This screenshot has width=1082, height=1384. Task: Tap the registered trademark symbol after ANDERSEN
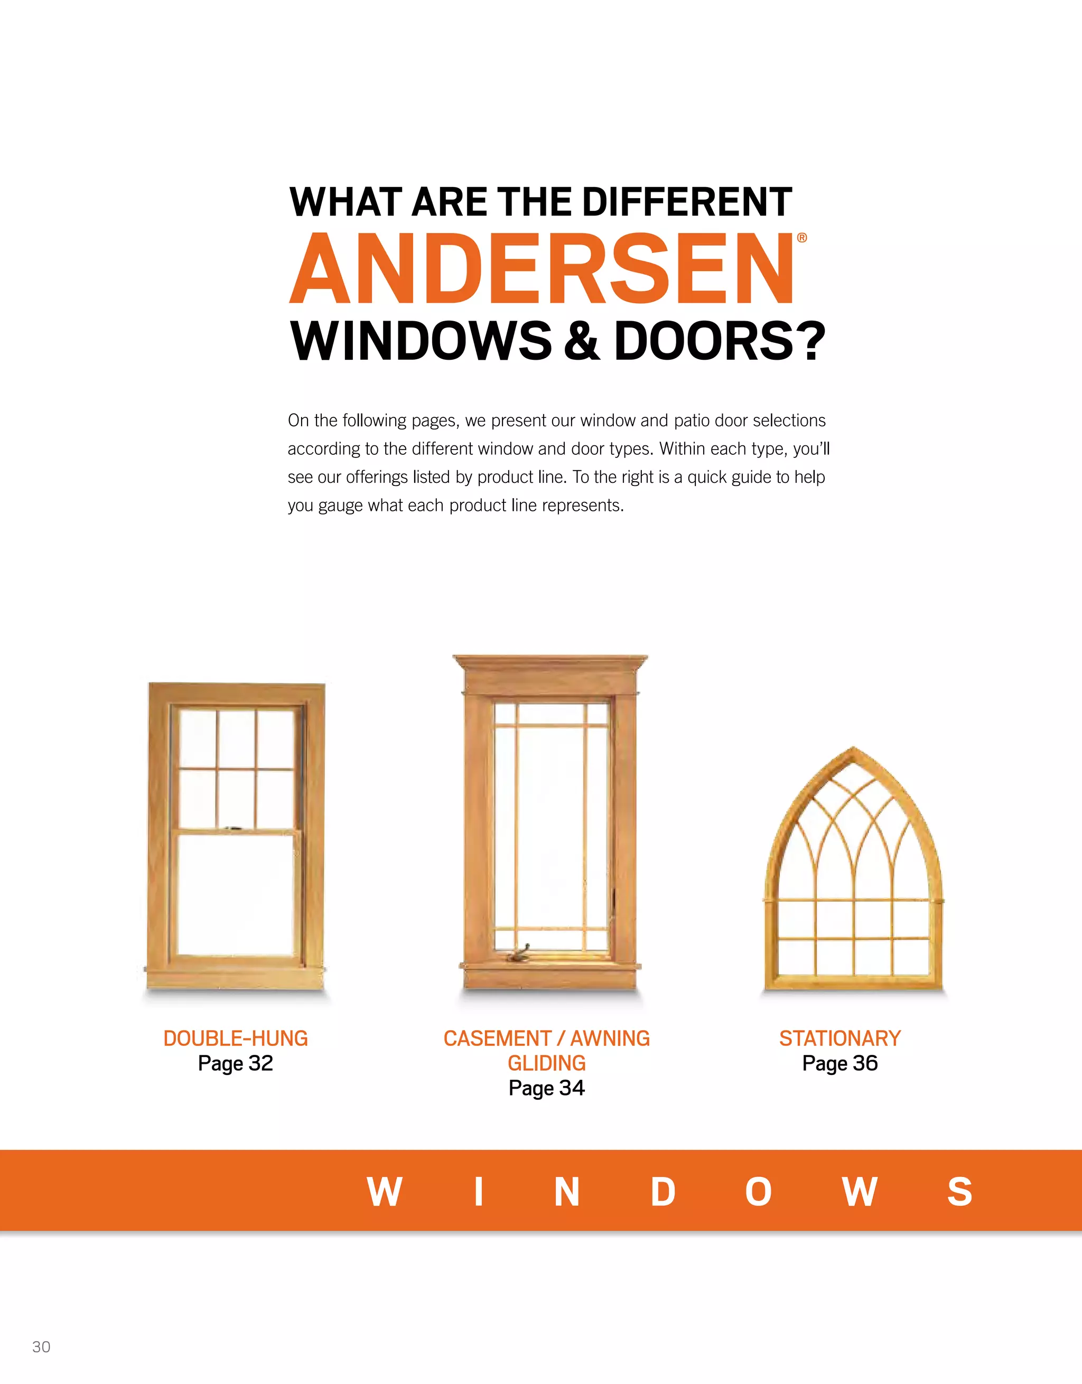pos(802,238)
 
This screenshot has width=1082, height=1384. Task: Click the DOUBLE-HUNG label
pos(235,1039)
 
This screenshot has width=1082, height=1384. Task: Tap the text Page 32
pos(235,1063)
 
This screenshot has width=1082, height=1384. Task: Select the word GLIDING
pos(546,1063)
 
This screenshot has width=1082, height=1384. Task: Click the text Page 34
pos(546,1088)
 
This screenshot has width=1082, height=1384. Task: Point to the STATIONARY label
pos(840,1039)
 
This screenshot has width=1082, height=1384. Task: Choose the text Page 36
pos(840,1063)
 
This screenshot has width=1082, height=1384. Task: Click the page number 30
pos(41,1346)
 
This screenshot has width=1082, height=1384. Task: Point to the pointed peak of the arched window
pos(854,750)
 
